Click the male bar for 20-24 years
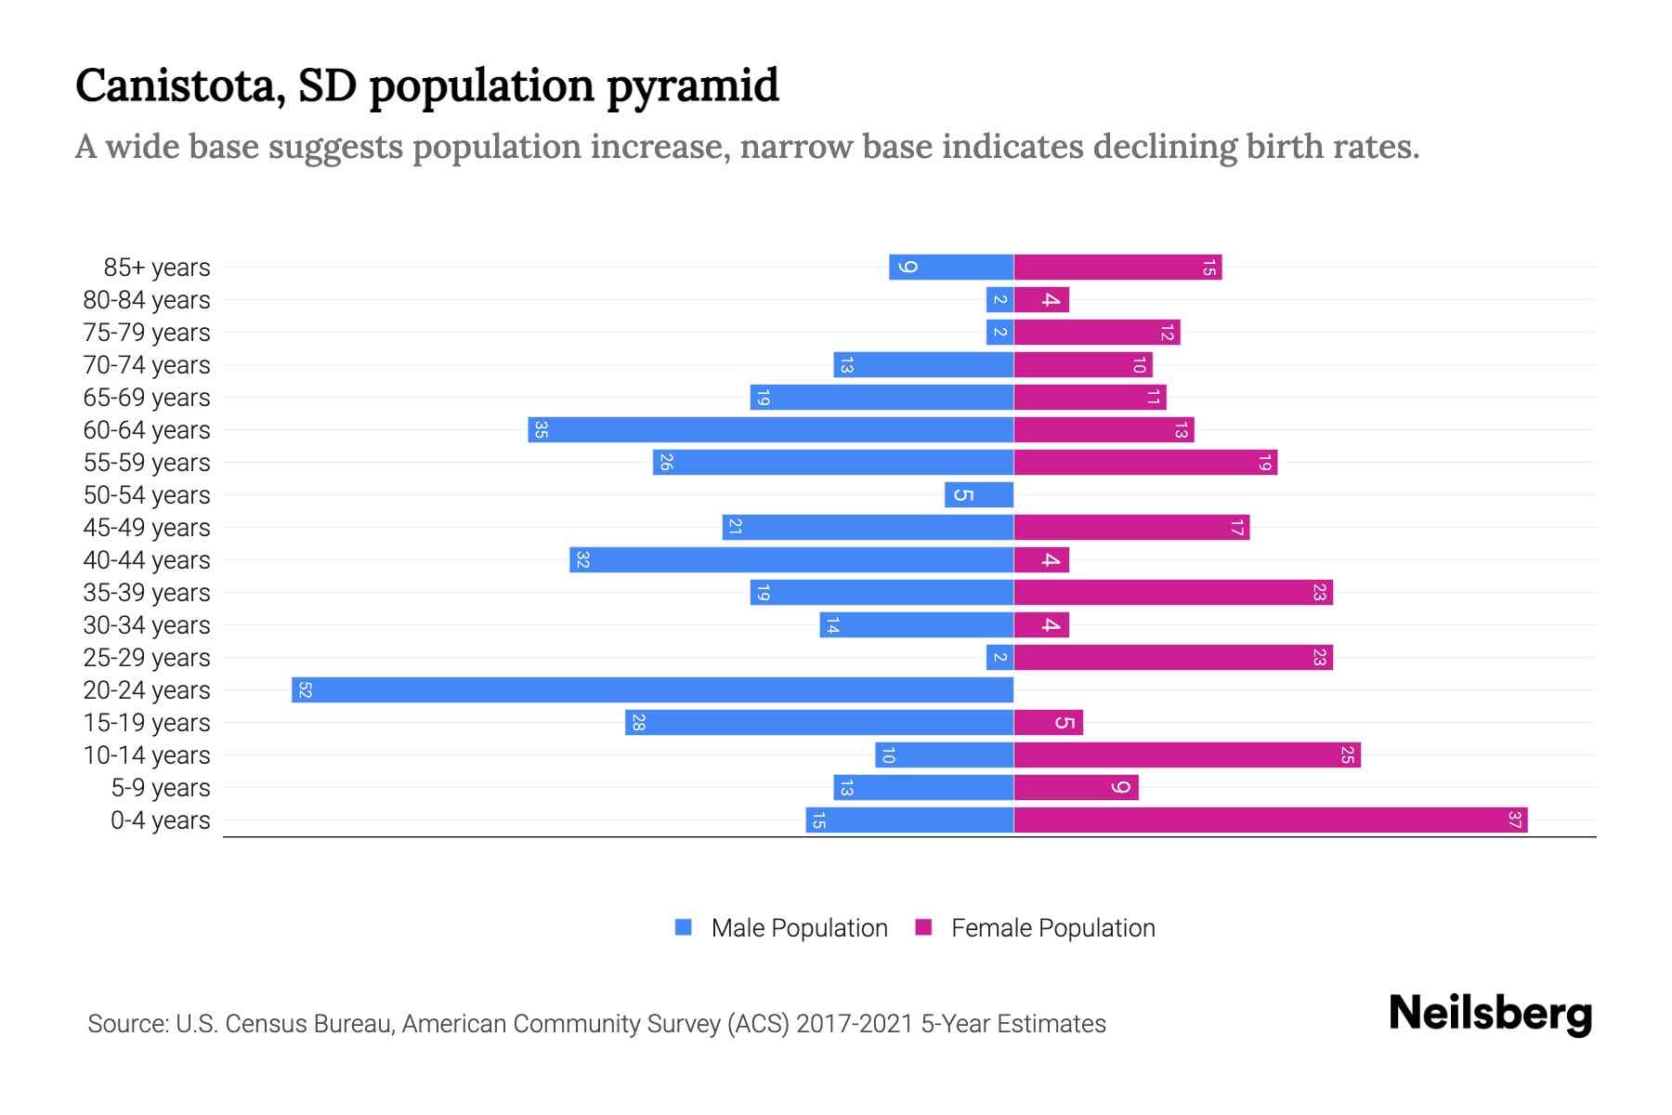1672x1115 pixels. (x=652, y=689)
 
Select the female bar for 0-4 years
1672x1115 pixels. (x=1270, y=820)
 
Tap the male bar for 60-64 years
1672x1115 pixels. (x=771, y=429)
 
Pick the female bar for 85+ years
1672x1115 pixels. (x=1117, y=267)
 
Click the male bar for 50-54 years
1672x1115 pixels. (x=979, y=494)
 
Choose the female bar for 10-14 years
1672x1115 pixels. (x=1186, y=754)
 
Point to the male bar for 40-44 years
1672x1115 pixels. (x=791, y=559)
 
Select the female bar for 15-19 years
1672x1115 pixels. (x=1048, y=722)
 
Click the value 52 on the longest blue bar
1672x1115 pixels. (x=305, y=689)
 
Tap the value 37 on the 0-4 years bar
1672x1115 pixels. (x=1514, y=820)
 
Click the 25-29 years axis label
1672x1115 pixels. (x=147, y=658)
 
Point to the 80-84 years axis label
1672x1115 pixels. (x=147, y=300)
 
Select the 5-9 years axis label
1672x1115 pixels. (x=161, y=788)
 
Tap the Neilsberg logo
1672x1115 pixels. (x=1490, y=1014)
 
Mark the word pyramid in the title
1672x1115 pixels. (x=692, y=85)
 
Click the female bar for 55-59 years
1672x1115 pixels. (x=1145, y=462)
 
